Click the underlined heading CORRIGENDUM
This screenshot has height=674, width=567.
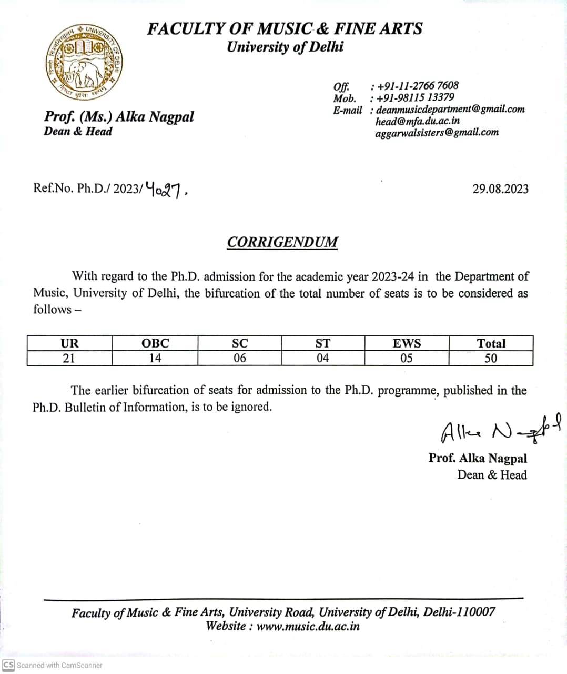(282, 242)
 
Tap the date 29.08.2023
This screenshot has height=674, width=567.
(500, 189)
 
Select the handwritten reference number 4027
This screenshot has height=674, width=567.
(166, 189)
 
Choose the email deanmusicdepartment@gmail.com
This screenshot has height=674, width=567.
(450, 109)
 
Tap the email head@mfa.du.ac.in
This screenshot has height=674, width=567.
(418, 121)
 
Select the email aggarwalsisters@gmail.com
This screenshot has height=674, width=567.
(437, 132)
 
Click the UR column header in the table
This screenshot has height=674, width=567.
(69, 343)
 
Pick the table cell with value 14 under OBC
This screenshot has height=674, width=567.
(155, 359)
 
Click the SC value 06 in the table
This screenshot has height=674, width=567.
(239, 359)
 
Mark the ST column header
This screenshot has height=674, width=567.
(322, 343)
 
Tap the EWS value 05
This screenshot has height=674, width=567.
(407, 359)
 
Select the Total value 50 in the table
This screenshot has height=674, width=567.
(491, 359)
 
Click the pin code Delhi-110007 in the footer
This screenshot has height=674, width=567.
(459, 612)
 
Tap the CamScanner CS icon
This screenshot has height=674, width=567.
(8, 665)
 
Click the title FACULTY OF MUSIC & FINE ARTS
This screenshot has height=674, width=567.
(285, 28)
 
